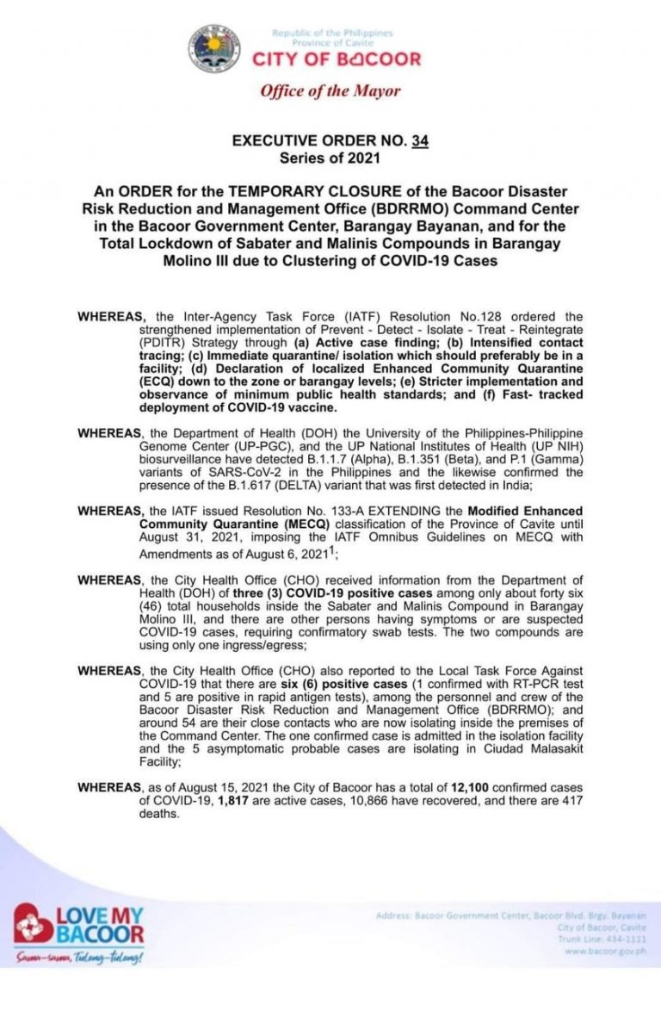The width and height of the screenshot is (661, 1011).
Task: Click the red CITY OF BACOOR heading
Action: tap(336, 59)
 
